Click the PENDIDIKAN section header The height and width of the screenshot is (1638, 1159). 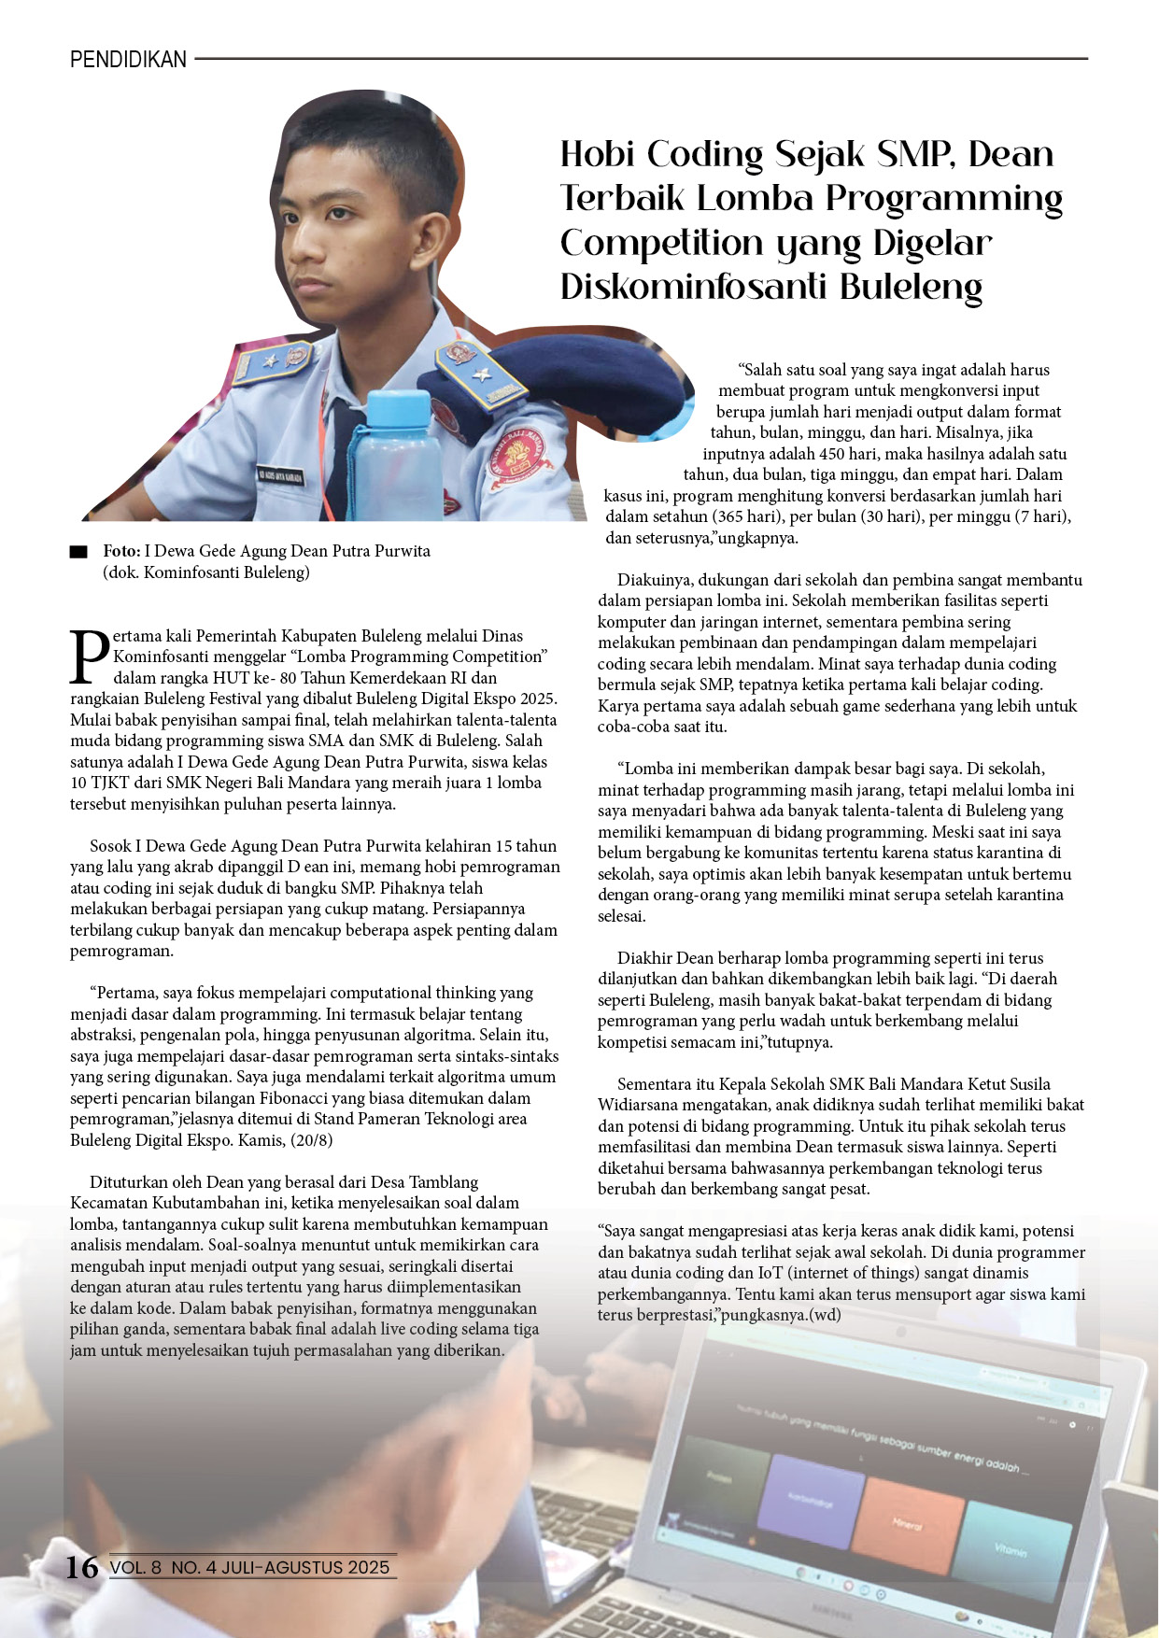point(128,60)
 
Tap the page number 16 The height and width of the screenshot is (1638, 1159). point(81,1566)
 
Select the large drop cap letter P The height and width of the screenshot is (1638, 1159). point(90,657)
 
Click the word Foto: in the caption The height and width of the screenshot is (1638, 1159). point(121,551)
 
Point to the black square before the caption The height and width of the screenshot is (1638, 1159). point(78,552)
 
